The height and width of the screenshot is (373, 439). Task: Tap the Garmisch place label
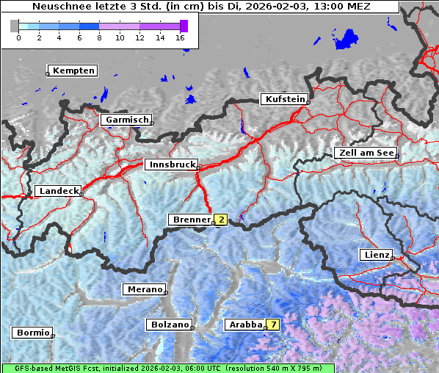point(127,120)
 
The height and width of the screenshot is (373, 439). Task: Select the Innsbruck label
point(171,165)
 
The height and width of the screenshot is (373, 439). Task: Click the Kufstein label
point(284,99)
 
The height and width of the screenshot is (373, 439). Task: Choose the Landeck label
point(58,191)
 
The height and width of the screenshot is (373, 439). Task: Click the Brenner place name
point(190,220)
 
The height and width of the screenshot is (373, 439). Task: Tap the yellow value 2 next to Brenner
point(220,220)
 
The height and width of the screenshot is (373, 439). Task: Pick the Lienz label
point(377,255)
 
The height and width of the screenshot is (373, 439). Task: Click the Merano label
point(144,289)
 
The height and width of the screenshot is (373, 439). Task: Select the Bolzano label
point(169,325)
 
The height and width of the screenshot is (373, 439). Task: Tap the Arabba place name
point(245,324)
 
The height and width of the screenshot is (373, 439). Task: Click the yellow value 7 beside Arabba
point(273,324)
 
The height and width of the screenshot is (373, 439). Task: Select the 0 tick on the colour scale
point(18,37)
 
